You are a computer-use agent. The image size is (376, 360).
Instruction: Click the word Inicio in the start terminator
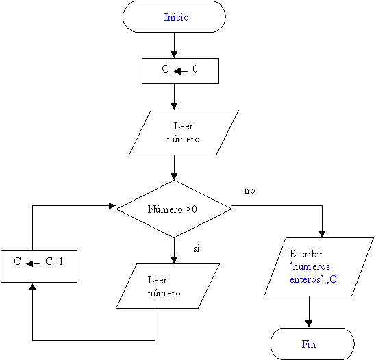coord(176,17)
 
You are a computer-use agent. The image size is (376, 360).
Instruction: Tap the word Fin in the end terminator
coord(309,344)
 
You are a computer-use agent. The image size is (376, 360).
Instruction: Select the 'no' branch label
coord(249,191)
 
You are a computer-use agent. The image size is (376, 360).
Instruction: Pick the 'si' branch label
coord(197,249)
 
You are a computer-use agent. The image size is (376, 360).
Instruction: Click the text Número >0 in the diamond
coord(173,209)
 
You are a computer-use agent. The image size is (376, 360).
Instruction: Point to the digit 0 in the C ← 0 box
coord(195,69)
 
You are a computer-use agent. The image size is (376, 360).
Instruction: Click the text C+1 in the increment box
coord(54,261)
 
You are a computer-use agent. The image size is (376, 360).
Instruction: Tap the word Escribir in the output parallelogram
coord(306,254)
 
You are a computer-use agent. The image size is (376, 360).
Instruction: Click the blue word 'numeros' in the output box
coord(310,266)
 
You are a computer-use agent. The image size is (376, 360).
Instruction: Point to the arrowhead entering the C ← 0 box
coord(174,55)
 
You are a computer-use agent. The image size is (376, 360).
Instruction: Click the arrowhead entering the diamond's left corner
coord(112,206)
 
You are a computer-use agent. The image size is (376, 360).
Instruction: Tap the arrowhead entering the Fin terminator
coord(309,324)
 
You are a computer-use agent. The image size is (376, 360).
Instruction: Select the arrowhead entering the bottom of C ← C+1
coord(33,286)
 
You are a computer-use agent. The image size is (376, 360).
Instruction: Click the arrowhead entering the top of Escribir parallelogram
coord(322,234)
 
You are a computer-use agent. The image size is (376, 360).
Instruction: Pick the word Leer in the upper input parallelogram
coord(183,126)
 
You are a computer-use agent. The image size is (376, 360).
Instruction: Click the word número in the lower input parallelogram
coord(164,293)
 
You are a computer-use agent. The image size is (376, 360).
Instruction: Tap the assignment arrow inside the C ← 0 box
coord(181,71)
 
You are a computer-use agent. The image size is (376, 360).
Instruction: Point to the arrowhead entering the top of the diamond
coord(174,177)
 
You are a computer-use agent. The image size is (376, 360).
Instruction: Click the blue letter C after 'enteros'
coord(334,279)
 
